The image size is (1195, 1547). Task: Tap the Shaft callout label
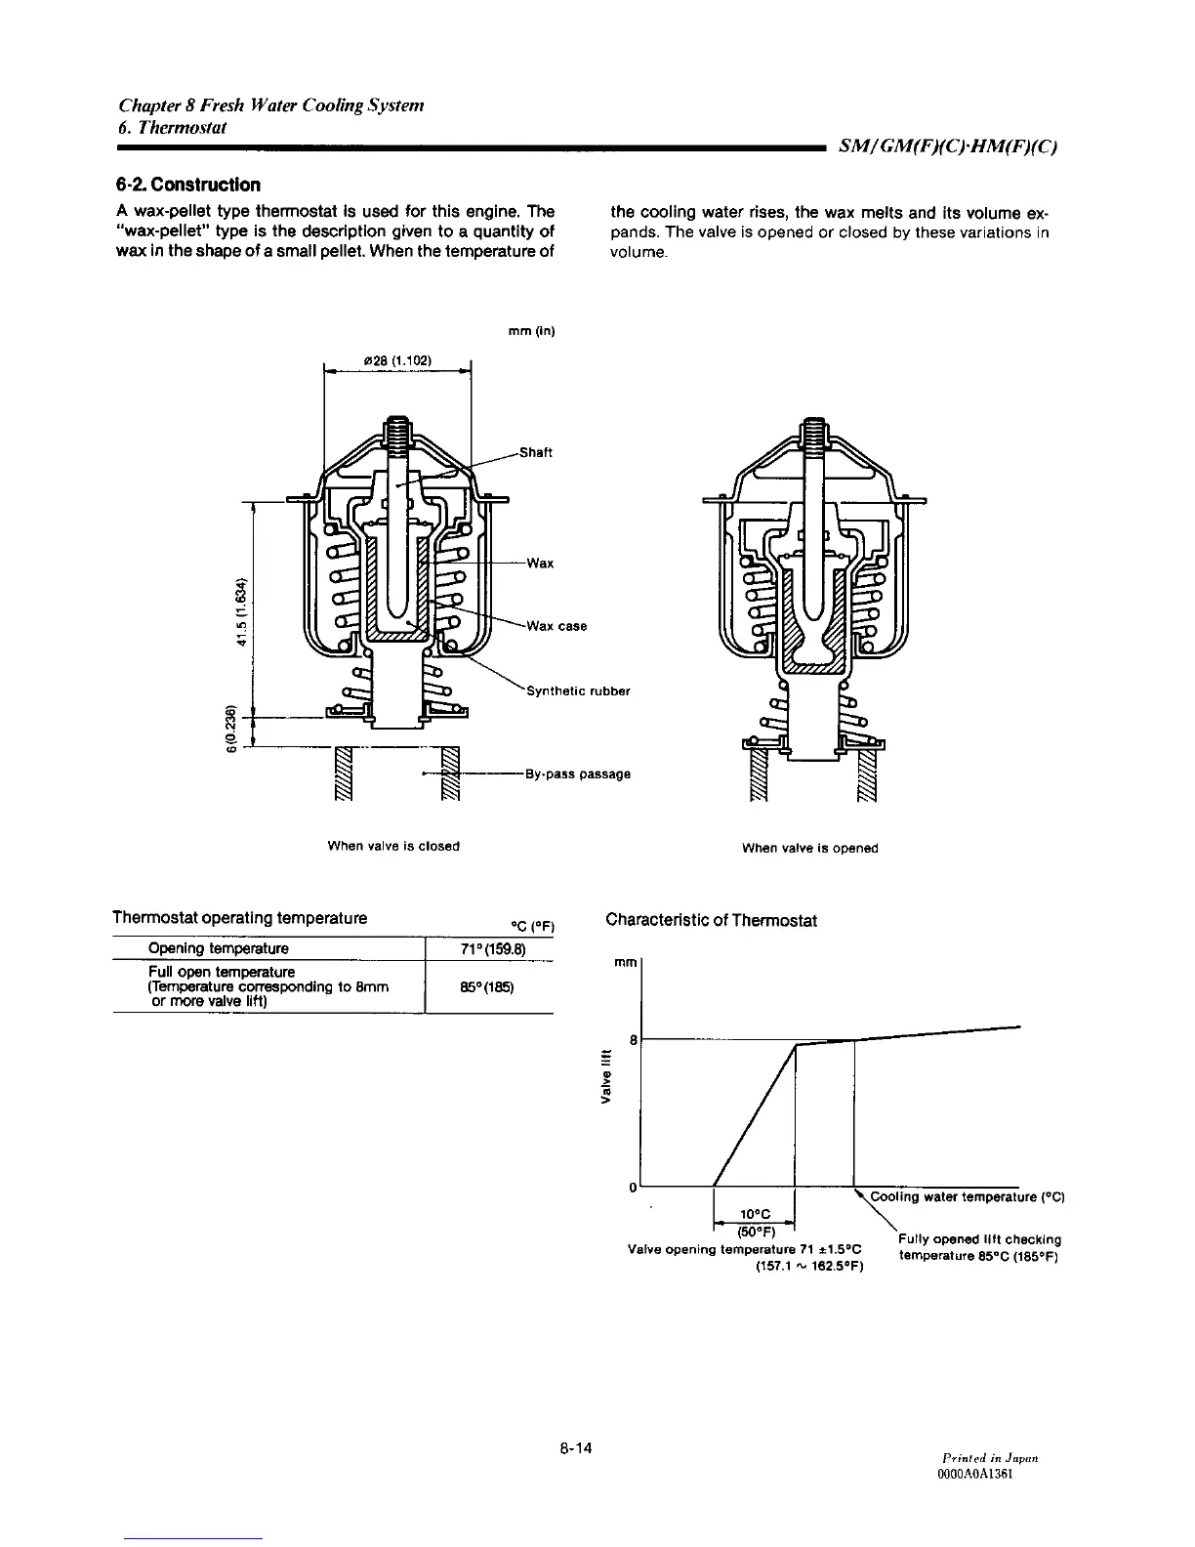[535, 452]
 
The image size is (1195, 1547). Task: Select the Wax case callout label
[556, 626]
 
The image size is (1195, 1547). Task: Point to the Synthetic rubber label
[578, 691]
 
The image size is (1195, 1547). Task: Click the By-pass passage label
[577, 774]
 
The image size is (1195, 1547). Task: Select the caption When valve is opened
[809, 848]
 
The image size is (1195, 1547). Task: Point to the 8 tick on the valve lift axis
[633, 1040]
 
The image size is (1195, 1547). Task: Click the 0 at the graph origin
[633, 1188]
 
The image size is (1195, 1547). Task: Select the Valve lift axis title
[606, 1076]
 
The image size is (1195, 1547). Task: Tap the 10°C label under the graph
[755, 1214]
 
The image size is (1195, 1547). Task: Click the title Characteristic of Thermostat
[711, 920]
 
